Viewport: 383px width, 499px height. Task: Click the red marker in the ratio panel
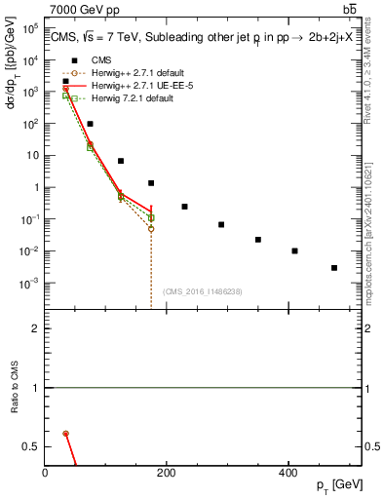click(65, 433)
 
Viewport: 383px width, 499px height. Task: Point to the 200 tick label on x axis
click(166, 473)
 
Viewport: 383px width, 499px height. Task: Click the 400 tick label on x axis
click(287, 473)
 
